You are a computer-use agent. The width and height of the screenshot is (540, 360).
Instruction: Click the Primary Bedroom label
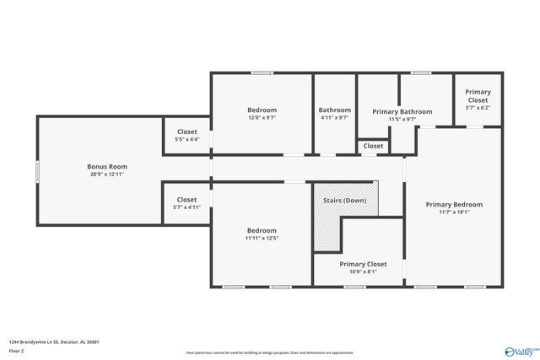pyautogui.click(x=454, y=204)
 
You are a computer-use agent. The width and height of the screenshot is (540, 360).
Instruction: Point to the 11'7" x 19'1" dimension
pyautogui.click(x=454, y=212)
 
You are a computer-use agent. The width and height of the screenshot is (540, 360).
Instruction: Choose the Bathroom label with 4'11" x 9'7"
pyautogui.click(x=334, y=110)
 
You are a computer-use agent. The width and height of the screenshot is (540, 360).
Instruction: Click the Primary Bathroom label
pyautogui.click(x=402, y=111)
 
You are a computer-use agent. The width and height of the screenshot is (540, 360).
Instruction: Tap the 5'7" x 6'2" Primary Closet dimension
pyautogui.click(x=478, y=108)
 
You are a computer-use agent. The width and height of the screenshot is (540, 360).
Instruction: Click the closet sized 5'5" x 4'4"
pyautogui.click(x=187, y=135)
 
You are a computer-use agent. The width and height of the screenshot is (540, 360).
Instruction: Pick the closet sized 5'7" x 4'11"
pyautogui.click(x=187, y=203)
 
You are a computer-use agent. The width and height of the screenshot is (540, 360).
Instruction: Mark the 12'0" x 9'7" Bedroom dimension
pyautogui.click(x=262, y=118)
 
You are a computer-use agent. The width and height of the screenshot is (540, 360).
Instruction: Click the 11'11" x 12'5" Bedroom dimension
pyautogui.click(x=262, y=239)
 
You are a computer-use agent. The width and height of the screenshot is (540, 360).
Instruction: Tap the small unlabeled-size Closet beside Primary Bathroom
pyautogui.click(x=373, y=146)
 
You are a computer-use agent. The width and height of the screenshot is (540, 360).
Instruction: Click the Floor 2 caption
pyautogui.click(x=17, y=351)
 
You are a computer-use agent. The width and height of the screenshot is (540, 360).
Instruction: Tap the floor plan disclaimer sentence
pyautogui.click(x=269, y=352)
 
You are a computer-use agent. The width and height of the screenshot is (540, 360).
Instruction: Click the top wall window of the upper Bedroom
pyautogui.click(x=262, y=73)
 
